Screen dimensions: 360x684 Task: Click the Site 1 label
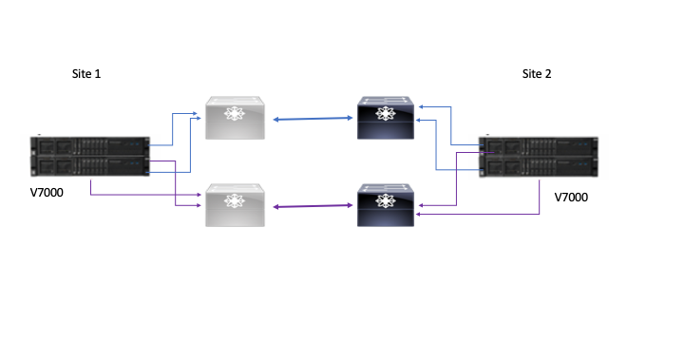(x=86, y=73)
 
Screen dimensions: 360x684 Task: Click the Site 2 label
(x=537, y=73)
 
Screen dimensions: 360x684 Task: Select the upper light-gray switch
(x=233, y=119)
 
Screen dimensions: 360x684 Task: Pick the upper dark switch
(x=385, y=119)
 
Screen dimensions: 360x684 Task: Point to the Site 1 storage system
(x=90, y=158)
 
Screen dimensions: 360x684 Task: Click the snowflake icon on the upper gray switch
(x=233, y=113)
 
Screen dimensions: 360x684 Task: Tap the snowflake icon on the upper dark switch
(x=385, y=113)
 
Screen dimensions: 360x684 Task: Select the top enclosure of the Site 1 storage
(x=90, y=147)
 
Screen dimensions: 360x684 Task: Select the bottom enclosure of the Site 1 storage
(x=90, y=168)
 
